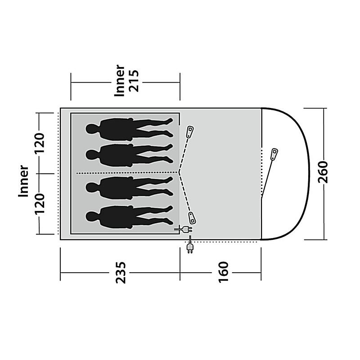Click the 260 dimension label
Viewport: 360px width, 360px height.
point(323,172)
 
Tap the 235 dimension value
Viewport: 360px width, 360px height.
point(121,273)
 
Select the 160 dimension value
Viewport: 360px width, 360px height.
point(223,272)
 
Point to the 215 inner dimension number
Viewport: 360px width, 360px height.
point(134,81)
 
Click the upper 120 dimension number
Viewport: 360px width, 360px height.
point(39,143)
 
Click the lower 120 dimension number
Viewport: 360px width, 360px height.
point(39,204)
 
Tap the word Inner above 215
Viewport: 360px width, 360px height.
point(120,81)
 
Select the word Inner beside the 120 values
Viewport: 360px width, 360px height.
point(23,181)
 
